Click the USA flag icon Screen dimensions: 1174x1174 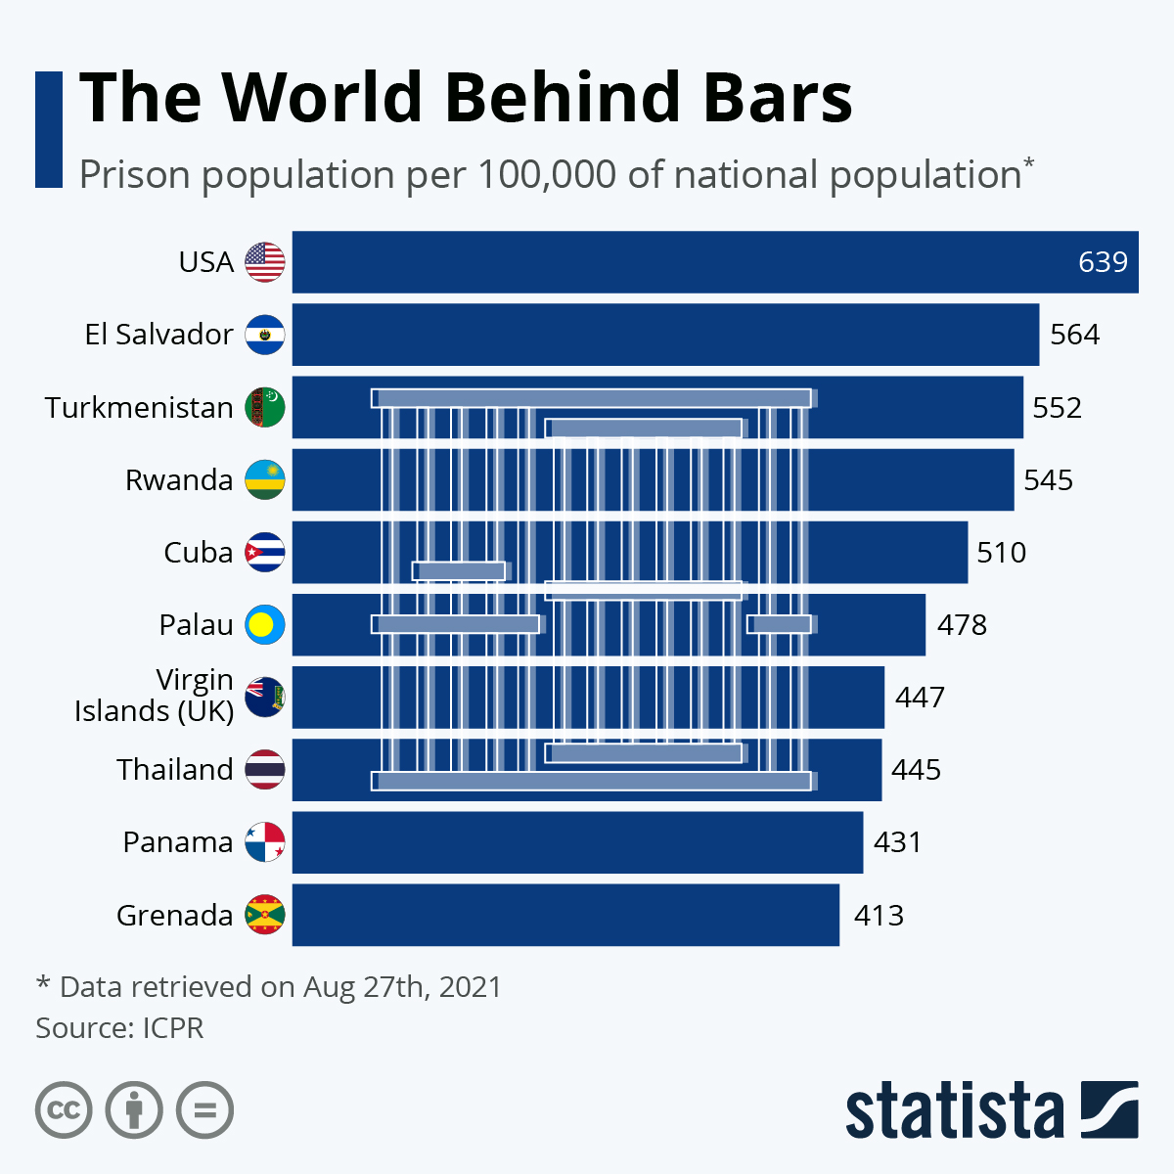[265, 262]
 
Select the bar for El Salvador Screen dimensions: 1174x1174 [665, 335]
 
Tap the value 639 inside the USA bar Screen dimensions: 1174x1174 [1103, 262]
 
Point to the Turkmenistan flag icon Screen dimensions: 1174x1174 [265, 407]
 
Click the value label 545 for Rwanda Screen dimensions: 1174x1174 [1048, 480]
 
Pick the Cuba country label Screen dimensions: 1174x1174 [198, 553]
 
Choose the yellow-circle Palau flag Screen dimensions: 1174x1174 [265, 624]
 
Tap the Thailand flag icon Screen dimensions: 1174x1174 [265, 770]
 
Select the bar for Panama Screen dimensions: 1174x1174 [577, 842]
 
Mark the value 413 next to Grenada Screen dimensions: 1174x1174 [879, 916]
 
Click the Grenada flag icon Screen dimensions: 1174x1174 [265, 915]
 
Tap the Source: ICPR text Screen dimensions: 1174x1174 [119, 1028]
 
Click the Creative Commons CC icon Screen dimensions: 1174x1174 [64, 1110]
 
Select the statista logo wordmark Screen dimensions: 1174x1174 [954, 1111]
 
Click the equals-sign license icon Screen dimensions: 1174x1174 [205, 1110]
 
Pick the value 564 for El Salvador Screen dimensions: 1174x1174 [1074, 335]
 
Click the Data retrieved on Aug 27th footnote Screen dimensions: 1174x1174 [269, 986]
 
